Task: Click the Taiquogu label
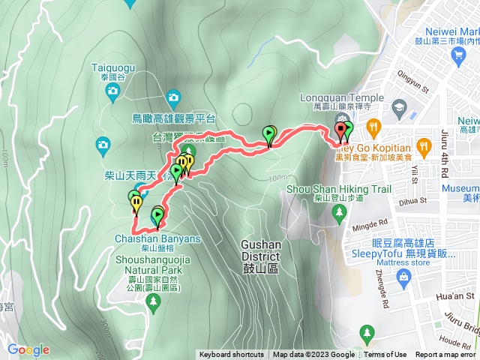click(112, 66)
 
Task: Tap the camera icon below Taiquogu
click(112, 92)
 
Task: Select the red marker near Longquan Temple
click(342, 132)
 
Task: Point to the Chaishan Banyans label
click(158, 238)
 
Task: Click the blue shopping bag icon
click(404, 278)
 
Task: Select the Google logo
click(28, 349)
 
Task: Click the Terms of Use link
click(385, 355)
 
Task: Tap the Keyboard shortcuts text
click(232, 355)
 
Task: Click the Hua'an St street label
click(460, 296)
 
